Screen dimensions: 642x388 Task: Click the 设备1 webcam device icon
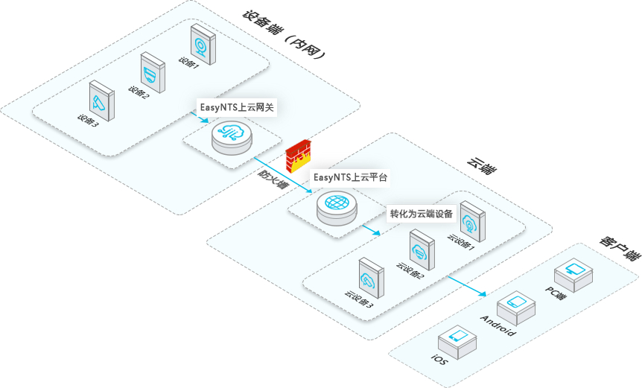point(203,44)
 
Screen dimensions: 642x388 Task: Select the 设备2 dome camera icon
point(153,73)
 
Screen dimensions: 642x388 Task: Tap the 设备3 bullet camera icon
point(101,101)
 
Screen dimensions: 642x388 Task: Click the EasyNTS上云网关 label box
point(237,108)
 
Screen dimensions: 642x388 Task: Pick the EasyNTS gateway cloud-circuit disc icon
point(232,138)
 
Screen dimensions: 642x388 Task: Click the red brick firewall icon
point(299,156)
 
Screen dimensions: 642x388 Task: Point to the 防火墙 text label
point(272,179)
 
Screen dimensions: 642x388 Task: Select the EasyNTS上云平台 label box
point(350,178)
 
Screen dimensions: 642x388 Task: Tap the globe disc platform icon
point(337,208)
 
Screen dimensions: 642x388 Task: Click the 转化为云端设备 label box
point(422,214)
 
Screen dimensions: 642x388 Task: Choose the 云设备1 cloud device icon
point(473,221)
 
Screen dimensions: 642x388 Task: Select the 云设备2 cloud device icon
point(422,249)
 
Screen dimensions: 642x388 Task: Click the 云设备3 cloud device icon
point(372,278)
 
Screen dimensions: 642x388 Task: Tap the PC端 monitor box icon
point(574,274)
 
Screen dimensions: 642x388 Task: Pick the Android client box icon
point(516,308)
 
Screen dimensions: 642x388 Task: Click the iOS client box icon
point(457,341)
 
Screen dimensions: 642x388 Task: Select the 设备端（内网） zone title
point(285,34)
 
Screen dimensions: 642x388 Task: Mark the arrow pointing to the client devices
point(467,286)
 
